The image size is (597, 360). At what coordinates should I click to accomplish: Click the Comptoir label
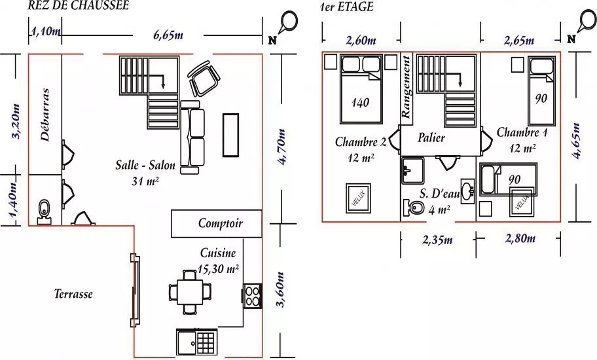click(x=221, y=223)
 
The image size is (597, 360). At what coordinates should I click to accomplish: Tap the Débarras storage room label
click(x=45, y=115)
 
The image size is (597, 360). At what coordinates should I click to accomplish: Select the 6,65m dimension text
click(x=168, y=35)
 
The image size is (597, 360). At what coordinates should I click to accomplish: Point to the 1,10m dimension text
click(x=45, y=31)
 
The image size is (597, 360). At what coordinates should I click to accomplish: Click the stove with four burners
click(x=252, y=296)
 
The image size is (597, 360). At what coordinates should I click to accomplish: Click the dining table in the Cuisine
click(x=190, y=292)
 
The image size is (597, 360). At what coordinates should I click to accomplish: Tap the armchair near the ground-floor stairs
click(x=204, y=80)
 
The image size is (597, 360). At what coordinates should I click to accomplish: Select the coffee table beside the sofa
click(x=230, y=135)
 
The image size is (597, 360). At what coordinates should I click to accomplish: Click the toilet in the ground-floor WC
click(x=44, y=211)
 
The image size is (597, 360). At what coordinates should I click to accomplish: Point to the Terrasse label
click(x=73, y=294)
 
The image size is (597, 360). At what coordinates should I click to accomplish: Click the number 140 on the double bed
click(x=360, y=102)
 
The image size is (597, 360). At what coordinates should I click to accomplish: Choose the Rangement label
click(x=407, y=87)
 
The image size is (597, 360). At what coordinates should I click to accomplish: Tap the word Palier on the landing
click(x=431, y=137)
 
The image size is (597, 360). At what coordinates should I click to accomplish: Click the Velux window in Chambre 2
click(x=358, y=198)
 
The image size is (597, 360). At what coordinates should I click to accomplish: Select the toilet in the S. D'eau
click(x=414, y=207)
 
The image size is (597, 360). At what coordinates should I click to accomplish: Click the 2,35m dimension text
click(x=437, y=240)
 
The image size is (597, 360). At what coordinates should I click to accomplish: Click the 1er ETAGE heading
click(x=346, y=7)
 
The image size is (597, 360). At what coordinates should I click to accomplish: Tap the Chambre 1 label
click(x=522, y=132)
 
